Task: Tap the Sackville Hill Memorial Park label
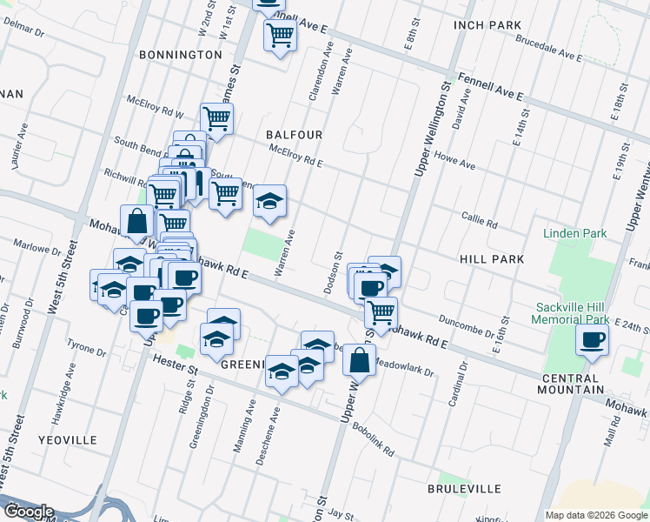point(587,314)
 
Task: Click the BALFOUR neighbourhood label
point(295,135)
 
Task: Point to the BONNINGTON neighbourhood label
point(181,54)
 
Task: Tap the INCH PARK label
point(487,25)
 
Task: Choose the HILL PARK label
point(491,259)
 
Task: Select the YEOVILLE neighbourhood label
point(68,440)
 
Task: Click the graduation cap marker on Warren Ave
point(270,202)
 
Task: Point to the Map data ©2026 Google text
point(595,515)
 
